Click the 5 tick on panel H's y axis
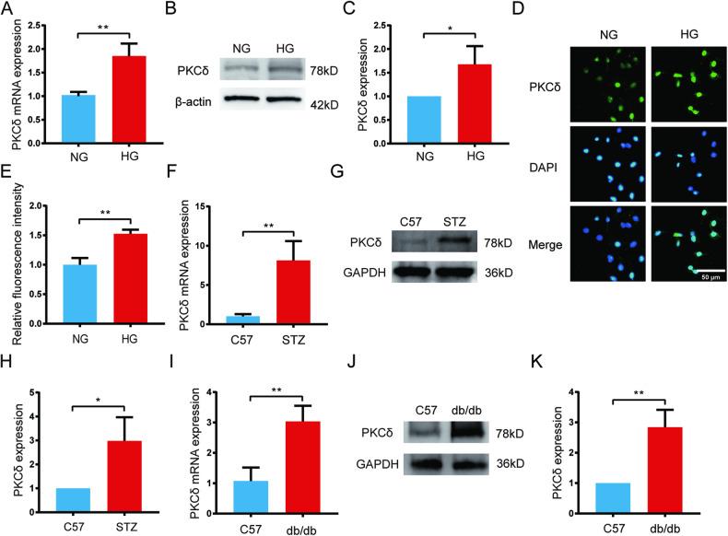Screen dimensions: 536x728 (38, 392)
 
